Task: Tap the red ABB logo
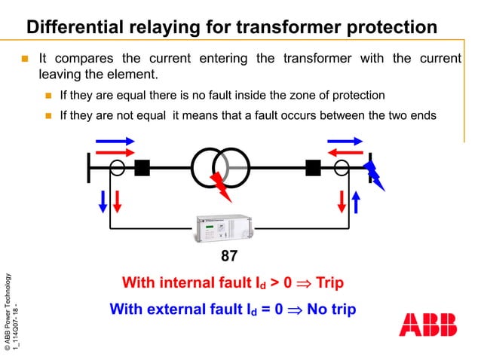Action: coord(427,325)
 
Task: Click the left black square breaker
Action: coord(142,167)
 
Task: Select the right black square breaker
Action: coord(313,167)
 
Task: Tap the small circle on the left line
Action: coord(118,167)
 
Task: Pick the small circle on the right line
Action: coord(342,167)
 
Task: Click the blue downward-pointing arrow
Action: coord(103,201)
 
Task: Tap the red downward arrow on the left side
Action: coord(118,201)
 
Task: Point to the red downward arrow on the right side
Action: coord(342,201)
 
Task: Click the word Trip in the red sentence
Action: coord(329,283)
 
